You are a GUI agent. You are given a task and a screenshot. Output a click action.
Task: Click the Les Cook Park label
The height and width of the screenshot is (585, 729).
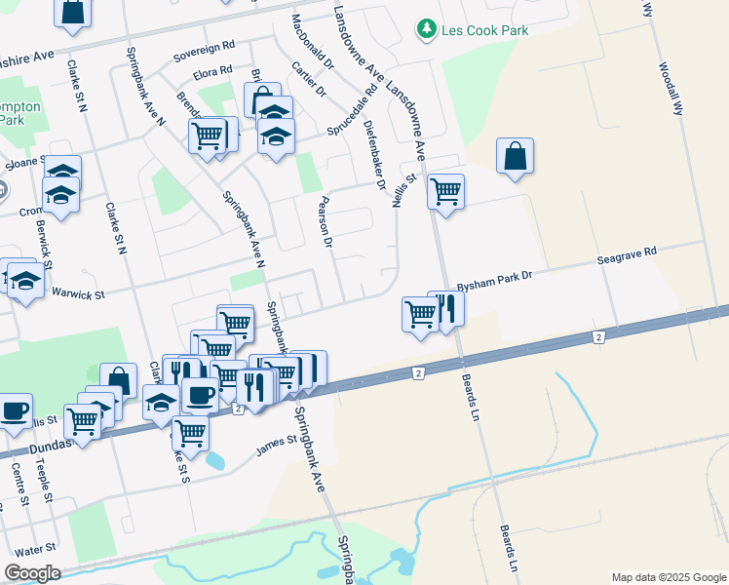tap(485, 30)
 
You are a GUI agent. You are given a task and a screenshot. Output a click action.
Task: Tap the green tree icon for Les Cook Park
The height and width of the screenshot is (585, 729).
tap(426, 30)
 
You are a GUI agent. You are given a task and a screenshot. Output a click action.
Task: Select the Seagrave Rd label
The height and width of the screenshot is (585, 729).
tap(627, 256)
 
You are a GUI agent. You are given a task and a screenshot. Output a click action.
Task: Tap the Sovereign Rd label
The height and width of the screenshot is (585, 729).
tap(205, 46)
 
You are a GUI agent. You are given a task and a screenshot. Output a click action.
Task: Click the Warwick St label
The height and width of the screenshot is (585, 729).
tap(77, 292)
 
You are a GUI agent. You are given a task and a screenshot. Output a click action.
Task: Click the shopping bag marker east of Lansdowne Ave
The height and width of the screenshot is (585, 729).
tap(515, 157)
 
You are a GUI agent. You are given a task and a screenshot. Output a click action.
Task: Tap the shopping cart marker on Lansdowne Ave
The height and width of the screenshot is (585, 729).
tap(445, 190)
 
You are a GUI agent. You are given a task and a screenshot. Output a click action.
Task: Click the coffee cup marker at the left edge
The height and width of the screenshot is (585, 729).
tap(14, 410)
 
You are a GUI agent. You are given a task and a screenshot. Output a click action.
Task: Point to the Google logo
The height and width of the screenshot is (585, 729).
tap(32, 573)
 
